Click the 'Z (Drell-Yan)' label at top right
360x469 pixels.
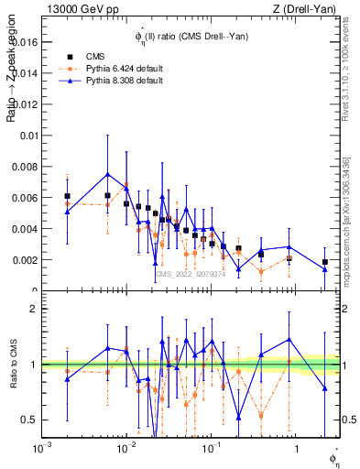pos(311,9)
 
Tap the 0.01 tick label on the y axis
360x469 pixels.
pos(28,136)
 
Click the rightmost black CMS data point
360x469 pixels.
pos(325,262)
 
